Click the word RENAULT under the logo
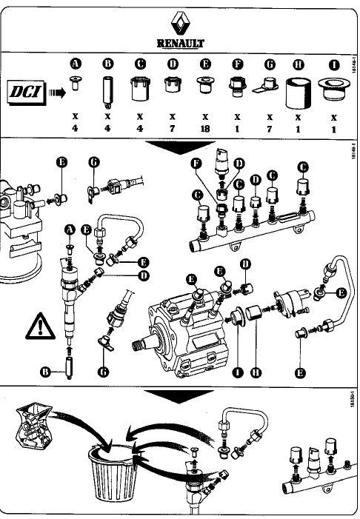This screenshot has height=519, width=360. [x=181, y=43]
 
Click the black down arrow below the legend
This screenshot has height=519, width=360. [x=180, y=148]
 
